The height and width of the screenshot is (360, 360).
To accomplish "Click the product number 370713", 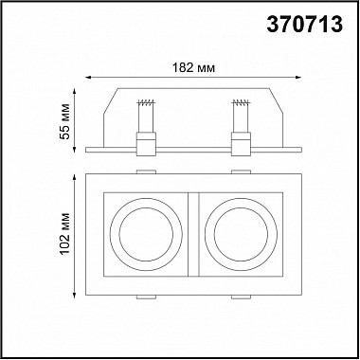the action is coord(305,25).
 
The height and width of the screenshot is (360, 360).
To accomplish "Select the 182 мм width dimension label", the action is coord(193,67).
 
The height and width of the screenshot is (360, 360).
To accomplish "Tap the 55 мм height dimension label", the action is coord(64,121).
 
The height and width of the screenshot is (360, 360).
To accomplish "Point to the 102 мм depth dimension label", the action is coord(64,234).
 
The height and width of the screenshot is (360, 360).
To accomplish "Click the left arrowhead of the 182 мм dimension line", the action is coord(88,77).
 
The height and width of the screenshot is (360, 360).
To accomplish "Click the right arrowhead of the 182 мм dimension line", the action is coord(298,77).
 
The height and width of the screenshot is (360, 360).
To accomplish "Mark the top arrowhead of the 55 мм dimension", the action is coord(75,92).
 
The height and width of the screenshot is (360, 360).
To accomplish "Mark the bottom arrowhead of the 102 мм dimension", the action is coord(75,295).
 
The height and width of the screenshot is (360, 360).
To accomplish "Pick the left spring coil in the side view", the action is coord(146,102).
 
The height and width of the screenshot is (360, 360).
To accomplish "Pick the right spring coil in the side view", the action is coord(241,102).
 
